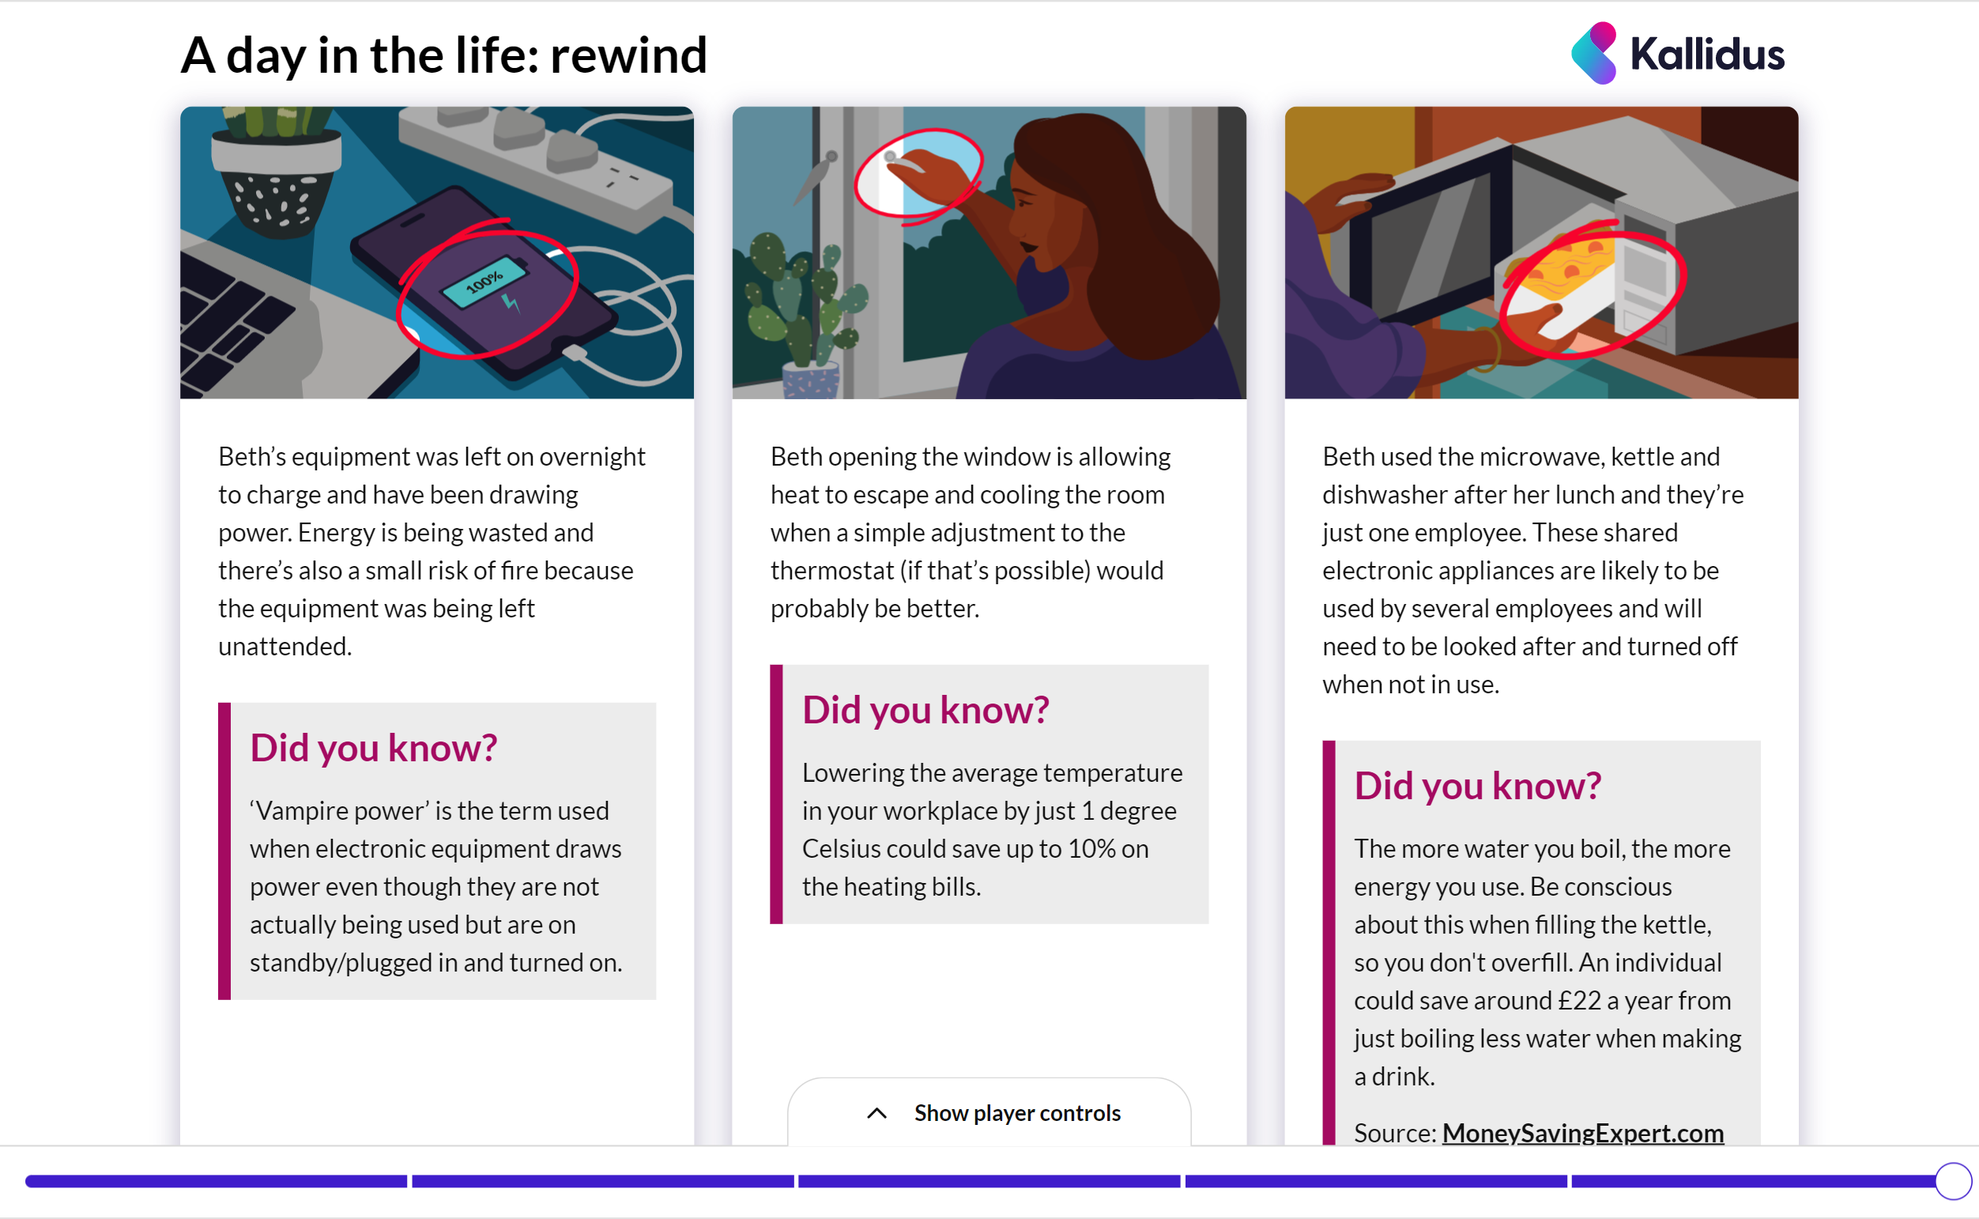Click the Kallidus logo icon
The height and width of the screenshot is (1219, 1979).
[1594, 53]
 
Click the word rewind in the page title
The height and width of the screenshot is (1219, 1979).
[628, 55]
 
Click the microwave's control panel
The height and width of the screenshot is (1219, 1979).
[1644, 282]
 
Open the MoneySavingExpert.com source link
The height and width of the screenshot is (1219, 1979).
[1582, 1133]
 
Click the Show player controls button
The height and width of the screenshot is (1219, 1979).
[989, 1112]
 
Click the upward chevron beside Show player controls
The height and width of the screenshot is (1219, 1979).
[876, 1113]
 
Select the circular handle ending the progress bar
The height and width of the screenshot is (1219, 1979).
[1953, 1181]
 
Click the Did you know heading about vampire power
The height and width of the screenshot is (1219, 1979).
[373, 747]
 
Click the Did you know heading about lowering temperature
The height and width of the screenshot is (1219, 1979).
[925, 709]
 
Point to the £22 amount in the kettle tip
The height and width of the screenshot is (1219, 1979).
[1579, 1000]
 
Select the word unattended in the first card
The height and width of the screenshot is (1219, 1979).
[285, 646]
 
